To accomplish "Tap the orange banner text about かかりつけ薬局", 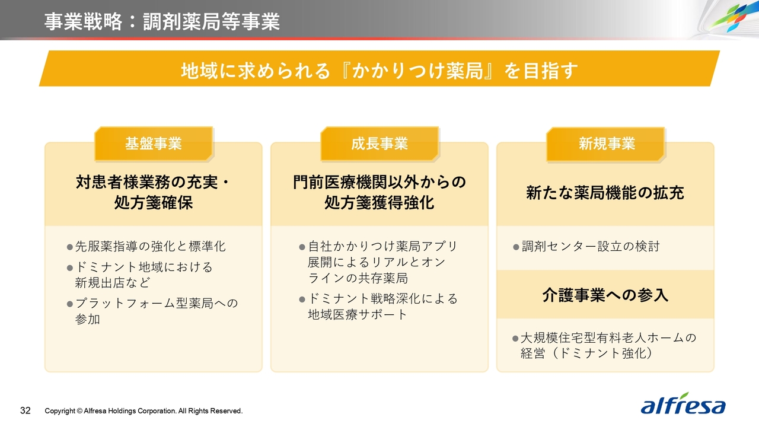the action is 379,71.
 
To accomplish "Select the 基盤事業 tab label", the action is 154,144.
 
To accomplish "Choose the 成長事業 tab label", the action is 379,144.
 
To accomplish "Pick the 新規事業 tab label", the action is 607,144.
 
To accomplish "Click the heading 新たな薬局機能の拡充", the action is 605,193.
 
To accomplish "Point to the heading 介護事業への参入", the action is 605,295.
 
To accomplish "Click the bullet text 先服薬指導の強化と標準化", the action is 150,246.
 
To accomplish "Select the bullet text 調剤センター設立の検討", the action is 591,246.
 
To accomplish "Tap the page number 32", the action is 25,410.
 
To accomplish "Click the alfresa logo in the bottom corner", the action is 683,404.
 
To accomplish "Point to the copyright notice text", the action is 143,411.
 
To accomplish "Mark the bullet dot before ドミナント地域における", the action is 70,268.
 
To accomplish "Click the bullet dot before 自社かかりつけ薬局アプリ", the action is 302,247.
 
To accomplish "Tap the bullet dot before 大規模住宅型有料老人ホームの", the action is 515,338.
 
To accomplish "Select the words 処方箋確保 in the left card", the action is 154,203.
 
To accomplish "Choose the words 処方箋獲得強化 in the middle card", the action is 379,203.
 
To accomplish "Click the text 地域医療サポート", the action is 358,314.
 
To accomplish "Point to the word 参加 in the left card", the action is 87,319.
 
